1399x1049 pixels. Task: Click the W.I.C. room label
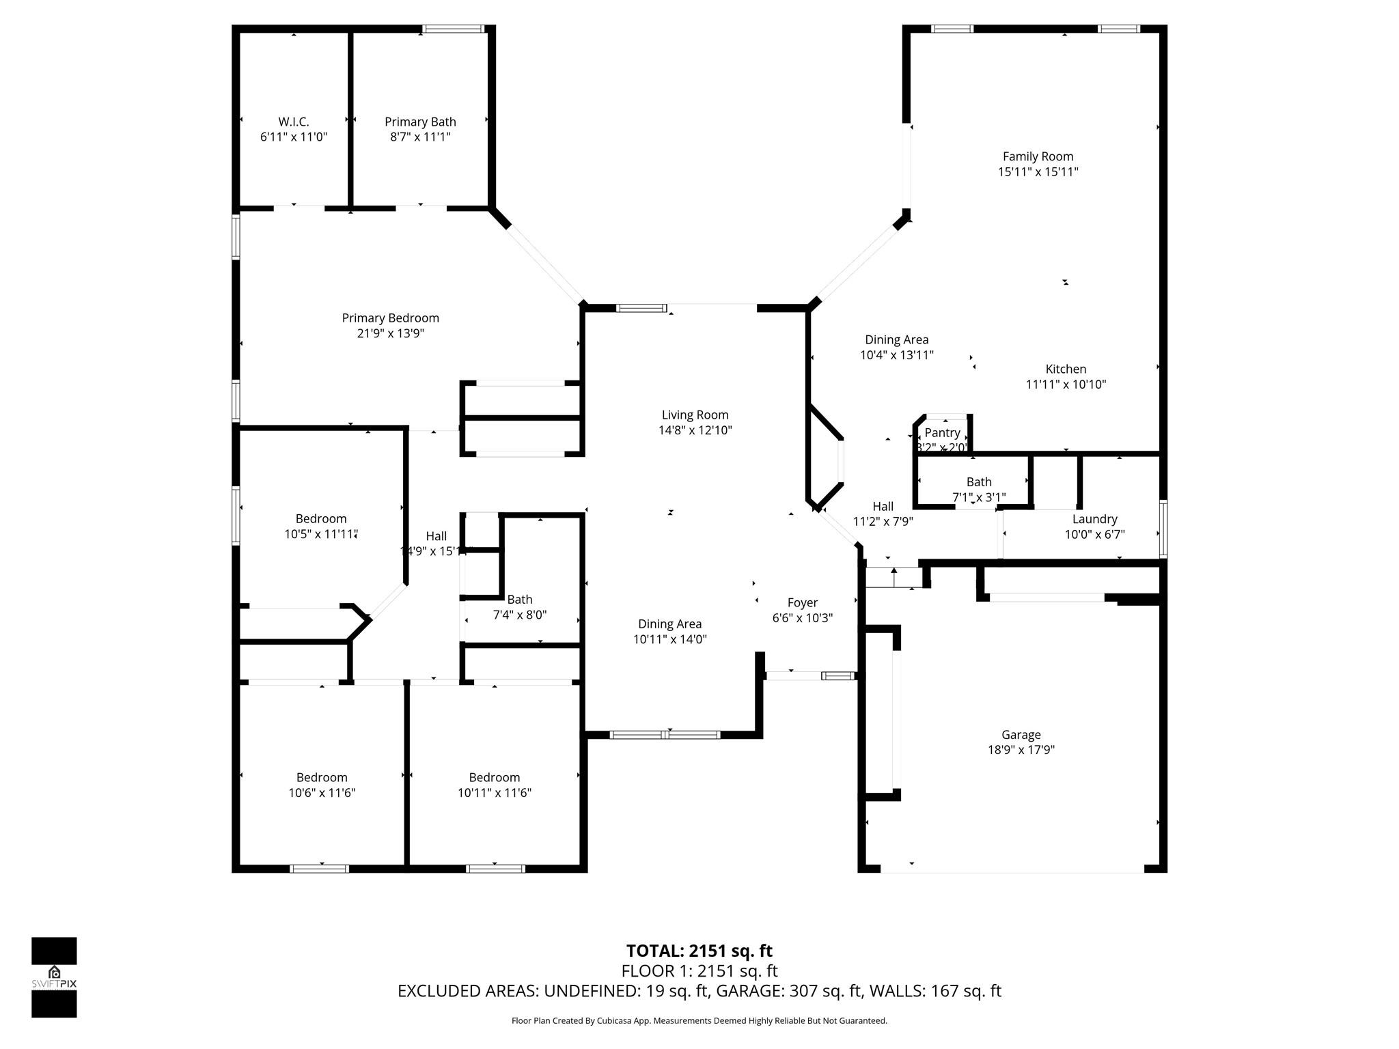(294, 122)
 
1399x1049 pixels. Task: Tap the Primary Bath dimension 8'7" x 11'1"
(420, 137)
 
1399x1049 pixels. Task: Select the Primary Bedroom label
(390, 318)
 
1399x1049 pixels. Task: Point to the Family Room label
(1038, 156)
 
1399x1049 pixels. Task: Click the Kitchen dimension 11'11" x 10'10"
(1066, 384)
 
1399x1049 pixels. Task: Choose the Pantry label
(942, 433)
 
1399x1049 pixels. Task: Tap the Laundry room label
(1094, 519)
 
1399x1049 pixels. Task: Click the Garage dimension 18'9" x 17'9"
(1021, 750)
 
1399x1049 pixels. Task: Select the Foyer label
(802, 602)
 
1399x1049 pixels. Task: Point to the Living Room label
(695, 415)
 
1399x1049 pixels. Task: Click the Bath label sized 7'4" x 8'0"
(519, 600)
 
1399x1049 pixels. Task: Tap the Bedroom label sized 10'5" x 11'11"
(320, 519)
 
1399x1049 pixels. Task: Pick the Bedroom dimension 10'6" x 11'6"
(322, 793)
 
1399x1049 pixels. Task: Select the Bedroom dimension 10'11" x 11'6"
(494, 793)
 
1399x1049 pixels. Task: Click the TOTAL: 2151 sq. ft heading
(699, 951)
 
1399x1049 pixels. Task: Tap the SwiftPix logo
(54, 977)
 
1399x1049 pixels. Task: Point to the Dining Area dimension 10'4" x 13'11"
(896, 355)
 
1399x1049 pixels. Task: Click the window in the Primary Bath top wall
(454, 29)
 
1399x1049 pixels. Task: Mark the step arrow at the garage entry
(894, 576)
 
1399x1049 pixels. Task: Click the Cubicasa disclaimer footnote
(699, 1021)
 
